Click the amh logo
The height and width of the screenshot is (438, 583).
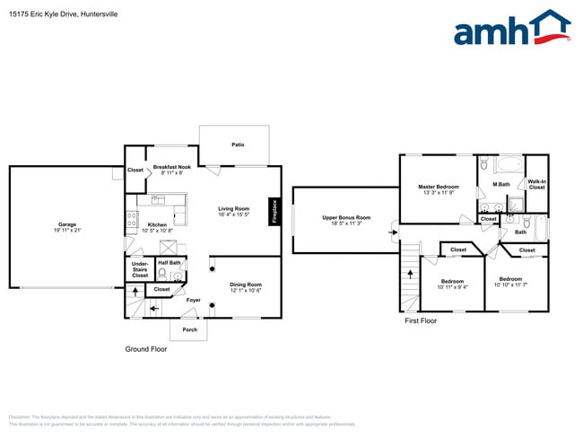511,29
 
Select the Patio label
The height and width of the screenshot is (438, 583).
238,145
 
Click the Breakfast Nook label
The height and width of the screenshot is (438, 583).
170,167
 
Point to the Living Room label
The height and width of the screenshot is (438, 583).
233,209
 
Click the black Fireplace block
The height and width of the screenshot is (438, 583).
274,212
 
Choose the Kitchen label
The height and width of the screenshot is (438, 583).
157,224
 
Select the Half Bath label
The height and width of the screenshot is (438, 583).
170,263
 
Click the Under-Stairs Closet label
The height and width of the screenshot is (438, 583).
140,269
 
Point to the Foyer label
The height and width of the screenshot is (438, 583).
193,300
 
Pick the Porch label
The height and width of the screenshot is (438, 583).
189,329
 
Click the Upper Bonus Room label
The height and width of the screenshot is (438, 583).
346,217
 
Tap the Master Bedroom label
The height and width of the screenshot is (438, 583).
439,187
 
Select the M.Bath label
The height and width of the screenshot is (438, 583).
501,185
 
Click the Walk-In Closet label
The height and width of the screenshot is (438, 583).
536,185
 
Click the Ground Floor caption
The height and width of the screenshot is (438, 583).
146,348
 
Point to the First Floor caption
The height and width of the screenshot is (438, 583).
421,320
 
